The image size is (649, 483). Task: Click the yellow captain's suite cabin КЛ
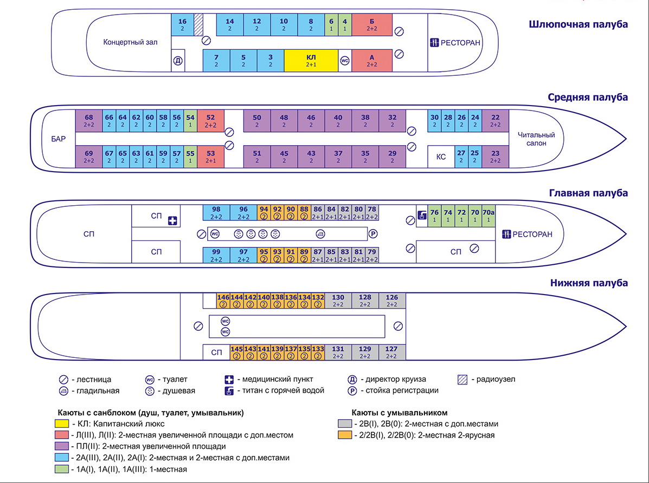pos(311,60)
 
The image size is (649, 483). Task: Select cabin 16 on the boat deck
pos(182,24)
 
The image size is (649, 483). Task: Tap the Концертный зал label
pos(130,42)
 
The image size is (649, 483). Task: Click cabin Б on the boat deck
pos(371,24)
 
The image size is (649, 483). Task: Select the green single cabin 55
pos(190,156)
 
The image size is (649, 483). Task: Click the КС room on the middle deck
pos(441,156)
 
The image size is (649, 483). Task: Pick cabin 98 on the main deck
pos(216,212)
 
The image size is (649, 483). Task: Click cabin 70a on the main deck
pos(488,216)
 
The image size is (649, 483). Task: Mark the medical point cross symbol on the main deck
pos(172,221)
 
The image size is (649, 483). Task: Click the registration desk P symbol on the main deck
pos(373,234)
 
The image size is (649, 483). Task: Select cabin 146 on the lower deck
pos(223,301)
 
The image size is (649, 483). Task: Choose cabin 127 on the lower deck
pos(391,352)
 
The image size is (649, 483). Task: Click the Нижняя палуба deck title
pos(589,283)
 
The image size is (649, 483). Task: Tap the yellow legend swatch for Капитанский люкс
pos(62,424)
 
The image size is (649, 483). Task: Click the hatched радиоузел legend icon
pos(462,380)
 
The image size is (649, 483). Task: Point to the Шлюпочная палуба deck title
pos(578,24)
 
